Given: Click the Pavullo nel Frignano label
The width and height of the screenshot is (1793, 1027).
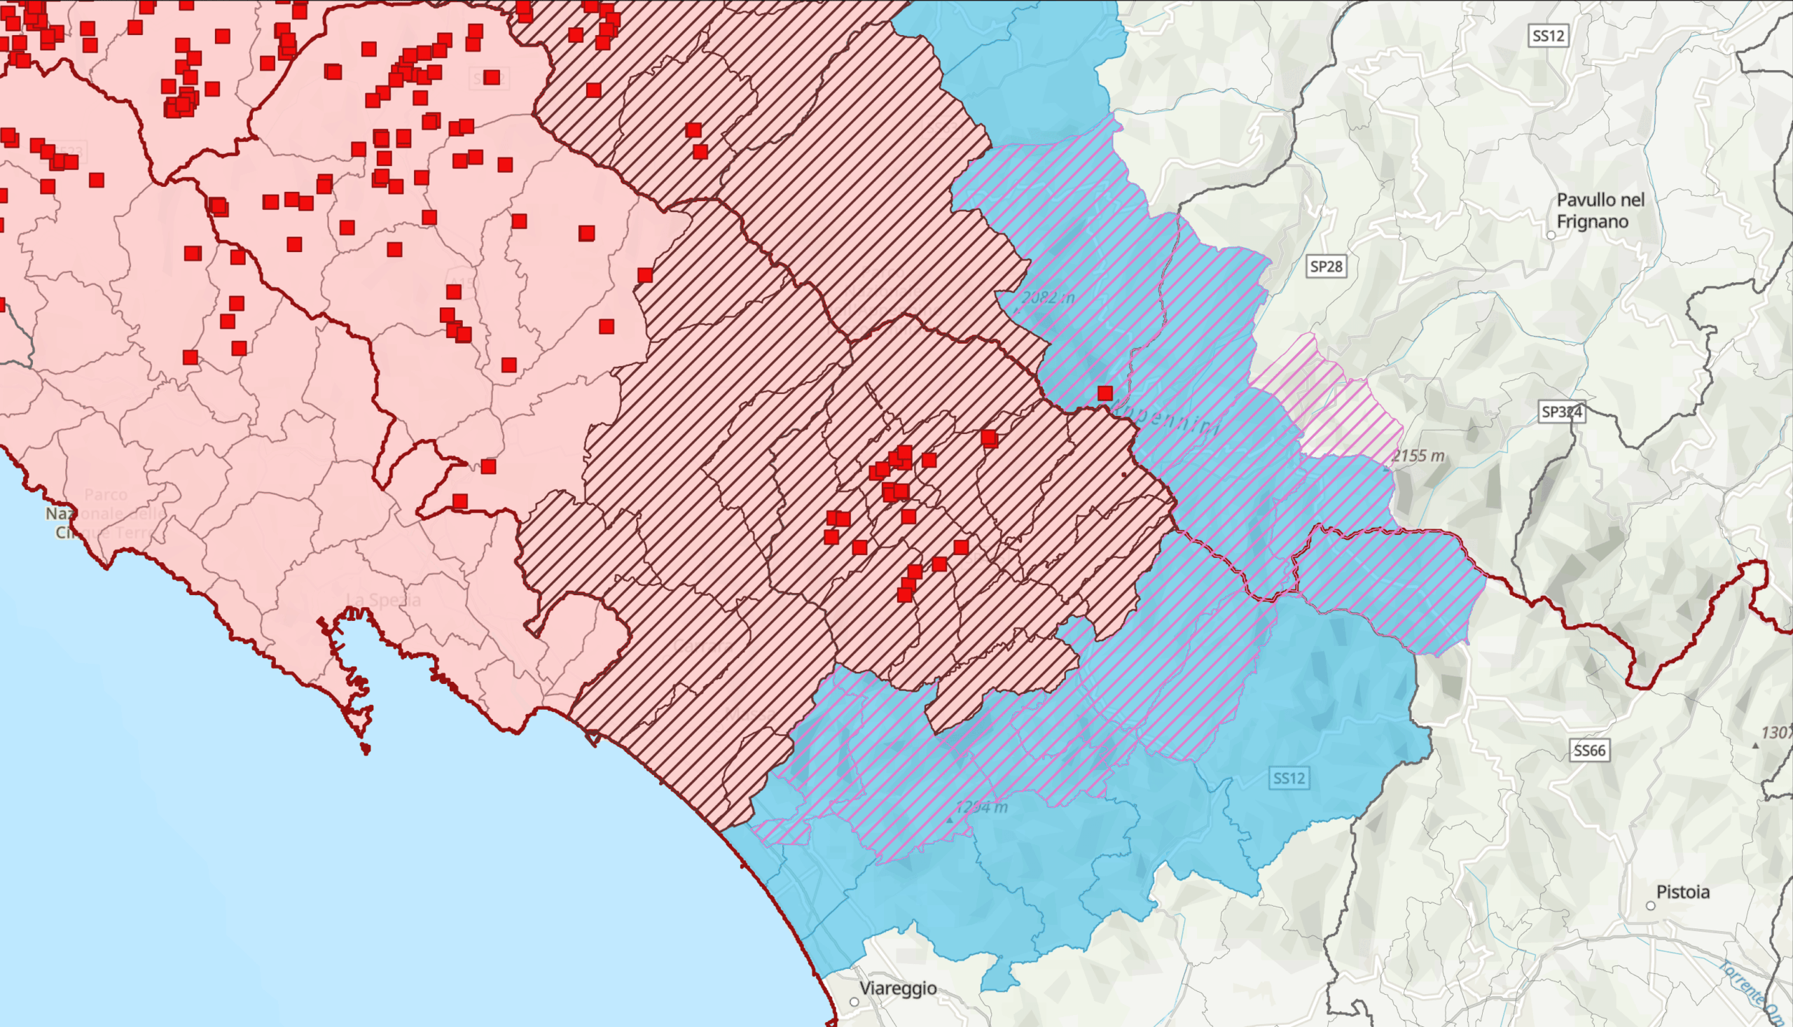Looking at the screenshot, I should (x=1600, y=210).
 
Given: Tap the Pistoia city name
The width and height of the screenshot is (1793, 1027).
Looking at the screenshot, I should (x=1682, y=893).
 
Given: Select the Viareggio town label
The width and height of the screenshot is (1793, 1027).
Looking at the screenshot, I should (x=898, y=988).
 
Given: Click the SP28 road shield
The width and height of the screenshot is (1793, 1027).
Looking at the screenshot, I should (x=1326, y=267).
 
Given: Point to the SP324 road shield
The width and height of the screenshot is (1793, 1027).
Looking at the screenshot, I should (x=1562, y=412).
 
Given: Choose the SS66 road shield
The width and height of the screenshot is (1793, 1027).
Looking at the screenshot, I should (x=1589, y=750).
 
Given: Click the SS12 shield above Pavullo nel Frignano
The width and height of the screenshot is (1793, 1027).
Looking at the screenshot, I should (x=1548, y=36).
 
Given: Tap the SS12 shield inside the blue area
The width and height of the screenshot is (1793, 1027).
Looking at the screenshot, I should (x=1289, y=778).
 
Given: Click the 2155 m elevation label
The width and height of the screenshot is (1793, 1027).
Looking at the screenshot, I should (x=1418, y=456).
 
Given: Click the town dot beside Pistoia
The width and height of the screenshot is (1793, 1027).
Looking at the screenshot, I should (x=1650, y=906).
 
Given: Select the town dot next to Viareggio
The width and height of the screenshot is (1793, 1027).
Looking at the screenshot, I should (x=854, y=1002).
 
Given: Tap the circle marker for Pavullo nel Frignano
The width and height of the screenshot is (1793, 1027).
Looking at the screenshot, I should (x=1551, y=235).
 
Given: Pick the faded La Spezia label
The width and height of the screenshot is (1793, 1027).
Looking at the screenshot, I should (x=383, y=600).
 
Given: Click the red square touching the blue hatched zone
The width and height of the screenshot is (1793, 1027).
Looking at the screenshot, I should (x=1105, y=393).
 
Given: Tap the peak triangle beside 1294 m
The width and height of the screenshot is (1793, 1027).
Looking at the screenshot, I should (x=949, y=820).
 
